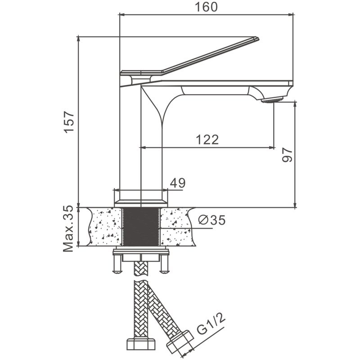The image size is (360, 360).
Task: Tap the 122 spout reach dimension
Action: click(x=207, y=139)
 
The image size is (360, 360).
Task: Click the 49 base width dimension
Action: click(x=177, y=183)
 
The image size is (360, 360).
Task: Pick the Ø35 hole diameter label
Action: click(x=211, y=220)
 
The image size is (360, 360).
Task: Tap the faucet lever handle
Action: click(x=202, y=56)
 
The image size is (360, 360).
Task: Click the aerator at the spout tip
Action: click(x=273, y=100)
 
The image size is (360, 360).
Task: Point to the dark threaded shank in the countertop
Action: click(x=140, y=227)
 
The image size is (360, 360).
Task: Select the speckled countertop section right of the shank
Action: click(x=178, y=227)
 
